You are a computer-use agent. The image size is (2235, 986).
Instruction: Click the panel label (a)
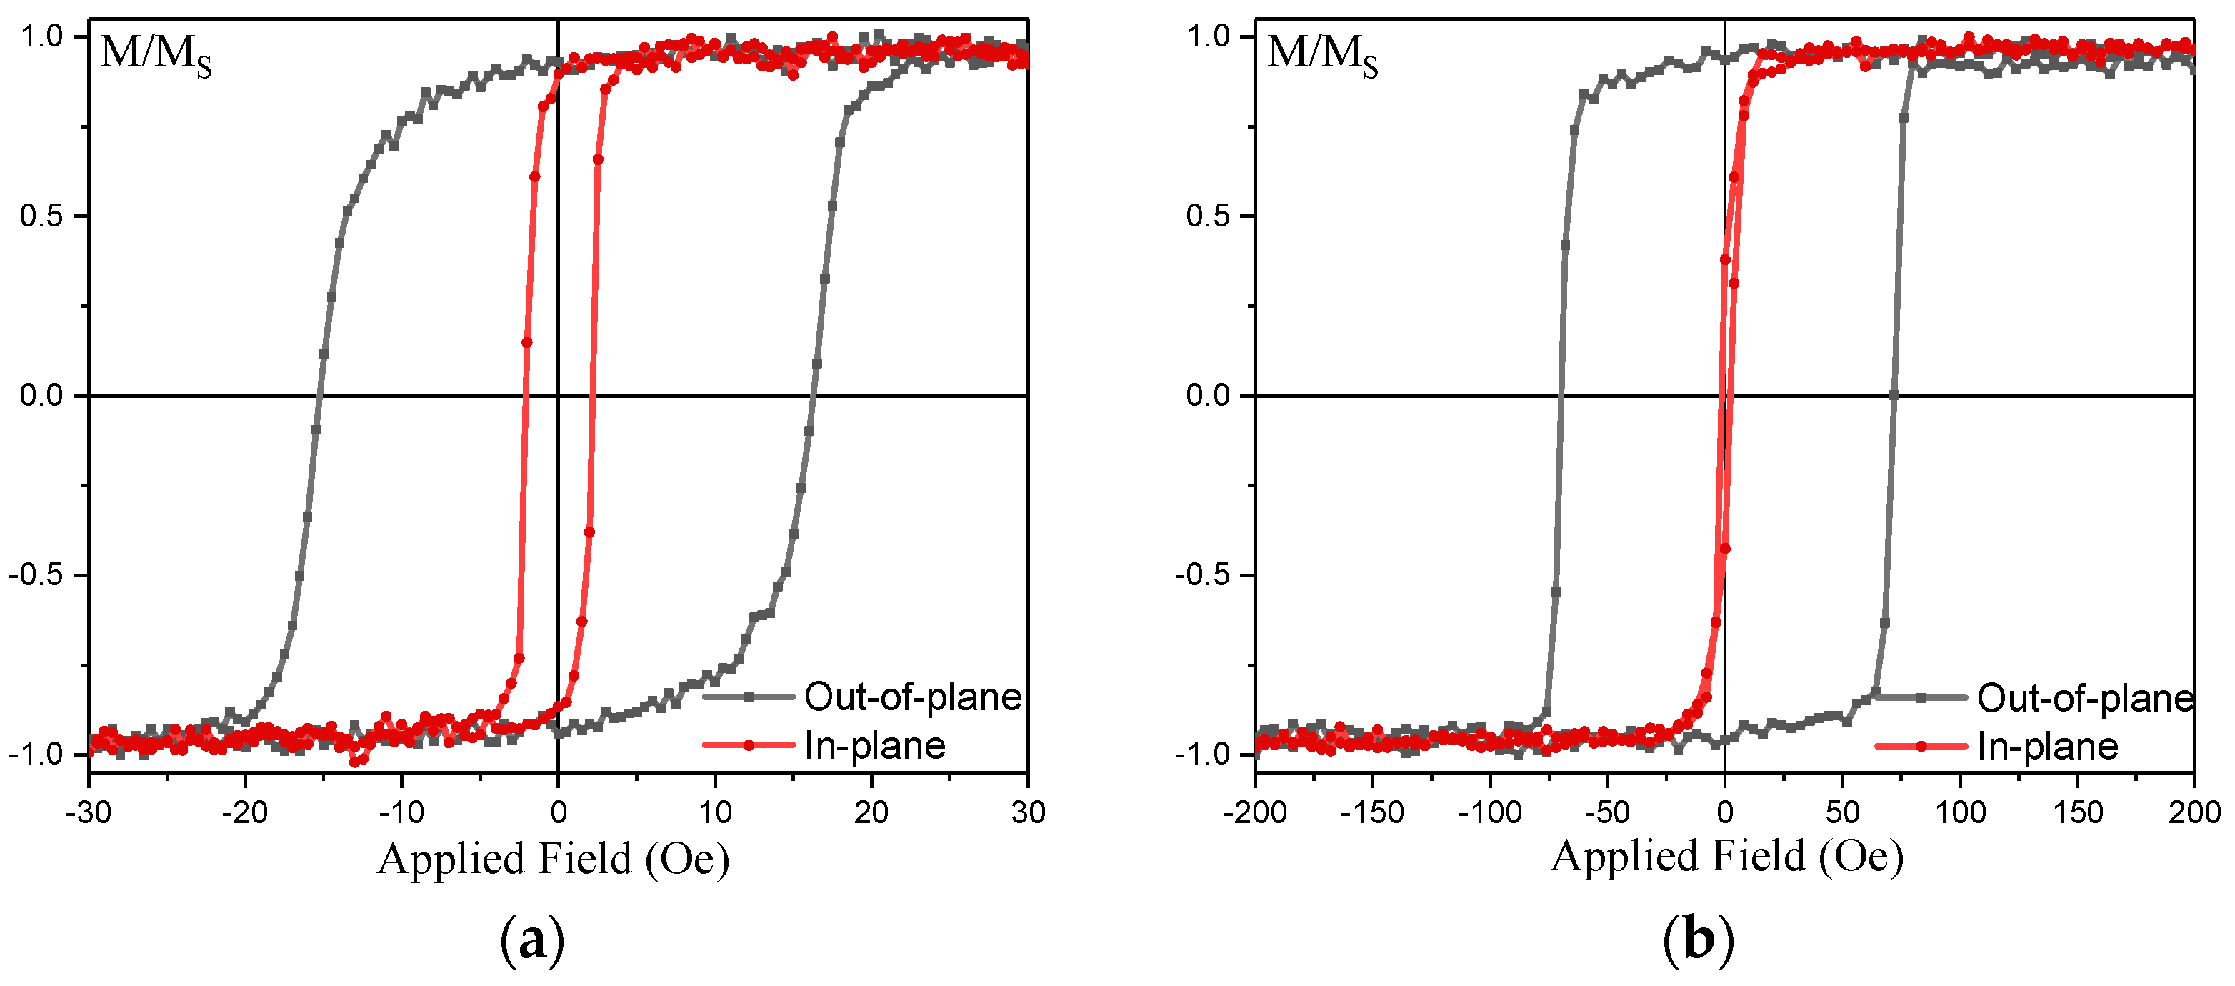click(x=532, y=940)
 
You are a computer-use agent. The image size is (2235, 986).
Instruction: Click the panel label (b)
click(x=1698, y=940)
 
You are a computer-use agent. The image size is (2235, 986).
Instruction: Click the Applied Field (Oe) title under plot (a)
click(x=554, y=860)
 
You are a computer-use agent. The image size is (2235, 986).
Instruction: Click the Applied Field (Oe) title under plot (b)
click(x=1726, y=857)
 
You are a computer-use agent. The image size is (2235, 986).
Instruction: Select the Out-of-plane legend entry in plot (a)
click(x=913, y=697)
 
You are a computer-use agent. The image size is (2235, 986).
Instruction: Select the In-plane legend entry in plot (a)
click(x=874, y=746)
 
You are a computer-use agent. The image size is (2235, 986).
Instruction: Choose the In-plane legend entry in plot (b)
click(x=2048, y=747)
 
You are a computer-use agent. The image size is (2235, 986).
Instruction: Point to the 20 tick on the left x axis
click(x=871, y=812)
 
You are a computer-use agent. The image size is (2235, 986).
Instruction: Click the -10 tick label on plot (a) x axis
click(x=401, y=812)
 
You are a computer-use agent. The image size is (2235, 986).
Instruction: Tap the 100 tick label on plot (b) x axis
click(x=1960, y=812)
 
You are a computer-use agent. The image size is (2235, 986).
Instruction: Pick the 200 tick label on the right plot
click(x=2194, y=812)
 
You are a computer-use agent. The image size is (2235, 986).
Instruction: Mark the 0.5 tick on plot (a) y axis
click(x=41, y=216)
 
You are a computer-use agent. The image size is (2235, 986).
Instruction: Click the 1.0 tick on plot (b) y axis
click(x=1208, y=36)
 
